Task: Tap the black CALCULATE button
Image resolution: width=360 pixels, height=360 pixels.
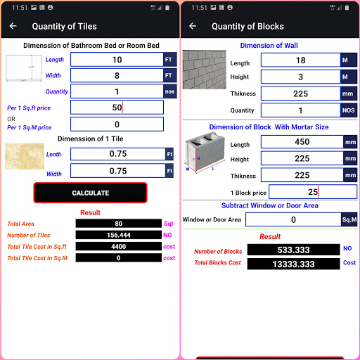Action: coord(90,193)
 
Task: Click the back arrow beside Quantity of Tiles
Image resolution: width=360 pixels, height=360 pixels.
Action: coord(13,27)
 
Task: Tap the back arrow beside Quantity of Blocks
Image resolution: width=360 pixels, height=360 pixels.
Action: coord(193,27)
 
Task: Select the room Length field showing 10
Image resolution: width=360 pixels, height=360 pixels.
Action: coord(117,60)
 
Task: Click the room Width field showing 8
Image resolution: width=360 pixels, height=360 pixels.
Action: coord(117,76)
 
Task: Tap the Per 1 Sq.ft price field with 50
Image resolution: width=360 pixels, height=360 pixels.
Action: coord(117,108)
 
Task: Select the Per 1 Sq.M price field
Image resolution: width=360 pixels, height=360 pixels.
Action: coord(117,124)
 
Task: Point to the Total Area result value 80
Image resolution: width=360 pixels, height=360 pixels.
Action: coord(118,224)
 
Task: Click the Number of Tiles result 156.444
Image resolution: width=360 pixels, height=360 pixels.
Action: coord(118,235)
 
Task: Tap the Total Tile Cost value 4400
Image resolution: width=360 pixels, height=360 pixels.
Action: coord(118,246)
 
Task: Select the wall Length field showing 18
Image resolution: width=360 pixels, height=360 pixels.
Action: coord(300,60)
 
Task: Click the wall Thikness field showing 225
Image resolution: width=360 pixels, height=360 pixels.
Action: coord(300,94)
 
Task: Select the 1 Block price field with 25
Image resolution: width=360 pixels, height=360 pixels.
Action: coord(312,192)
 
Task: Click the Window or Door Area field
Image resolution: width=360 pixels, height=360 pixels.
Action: coord(292,219)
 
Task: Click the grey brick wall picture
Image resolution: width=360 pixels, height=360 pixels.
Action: coord(204,69)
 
